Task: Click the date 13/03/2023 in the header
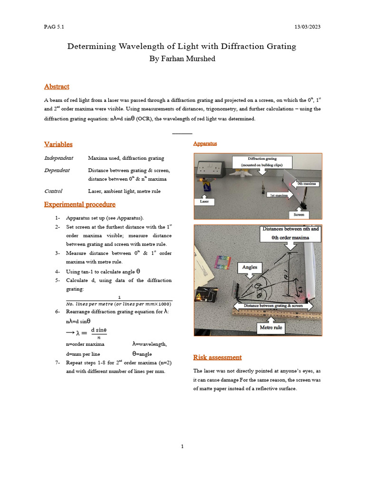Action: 307,27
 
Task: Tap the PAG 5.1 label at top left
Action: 54,27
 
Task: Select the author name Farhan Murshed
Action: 182,58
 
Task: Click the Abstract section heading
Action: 57,87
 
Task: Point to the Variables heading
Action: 58,144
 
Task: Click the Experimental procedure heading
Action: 79,205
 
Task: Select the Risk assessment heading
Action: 217,357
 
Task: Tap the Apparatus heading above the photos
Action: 205,144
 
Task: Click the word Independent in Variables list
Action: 58,158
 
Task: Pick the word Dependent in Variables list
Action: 57,170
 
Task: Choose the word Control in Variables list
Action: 53,191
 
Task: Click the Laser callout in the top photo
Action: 204,201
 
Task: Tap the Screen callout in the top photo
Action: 298,214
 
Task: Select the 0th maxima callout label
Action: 307,183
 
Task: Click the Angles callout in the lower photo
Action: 250,267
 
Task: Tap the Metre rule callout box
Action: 271,327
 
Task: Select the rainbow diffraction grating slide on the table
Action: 223,263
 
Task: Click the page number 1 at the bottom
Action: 182,446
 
